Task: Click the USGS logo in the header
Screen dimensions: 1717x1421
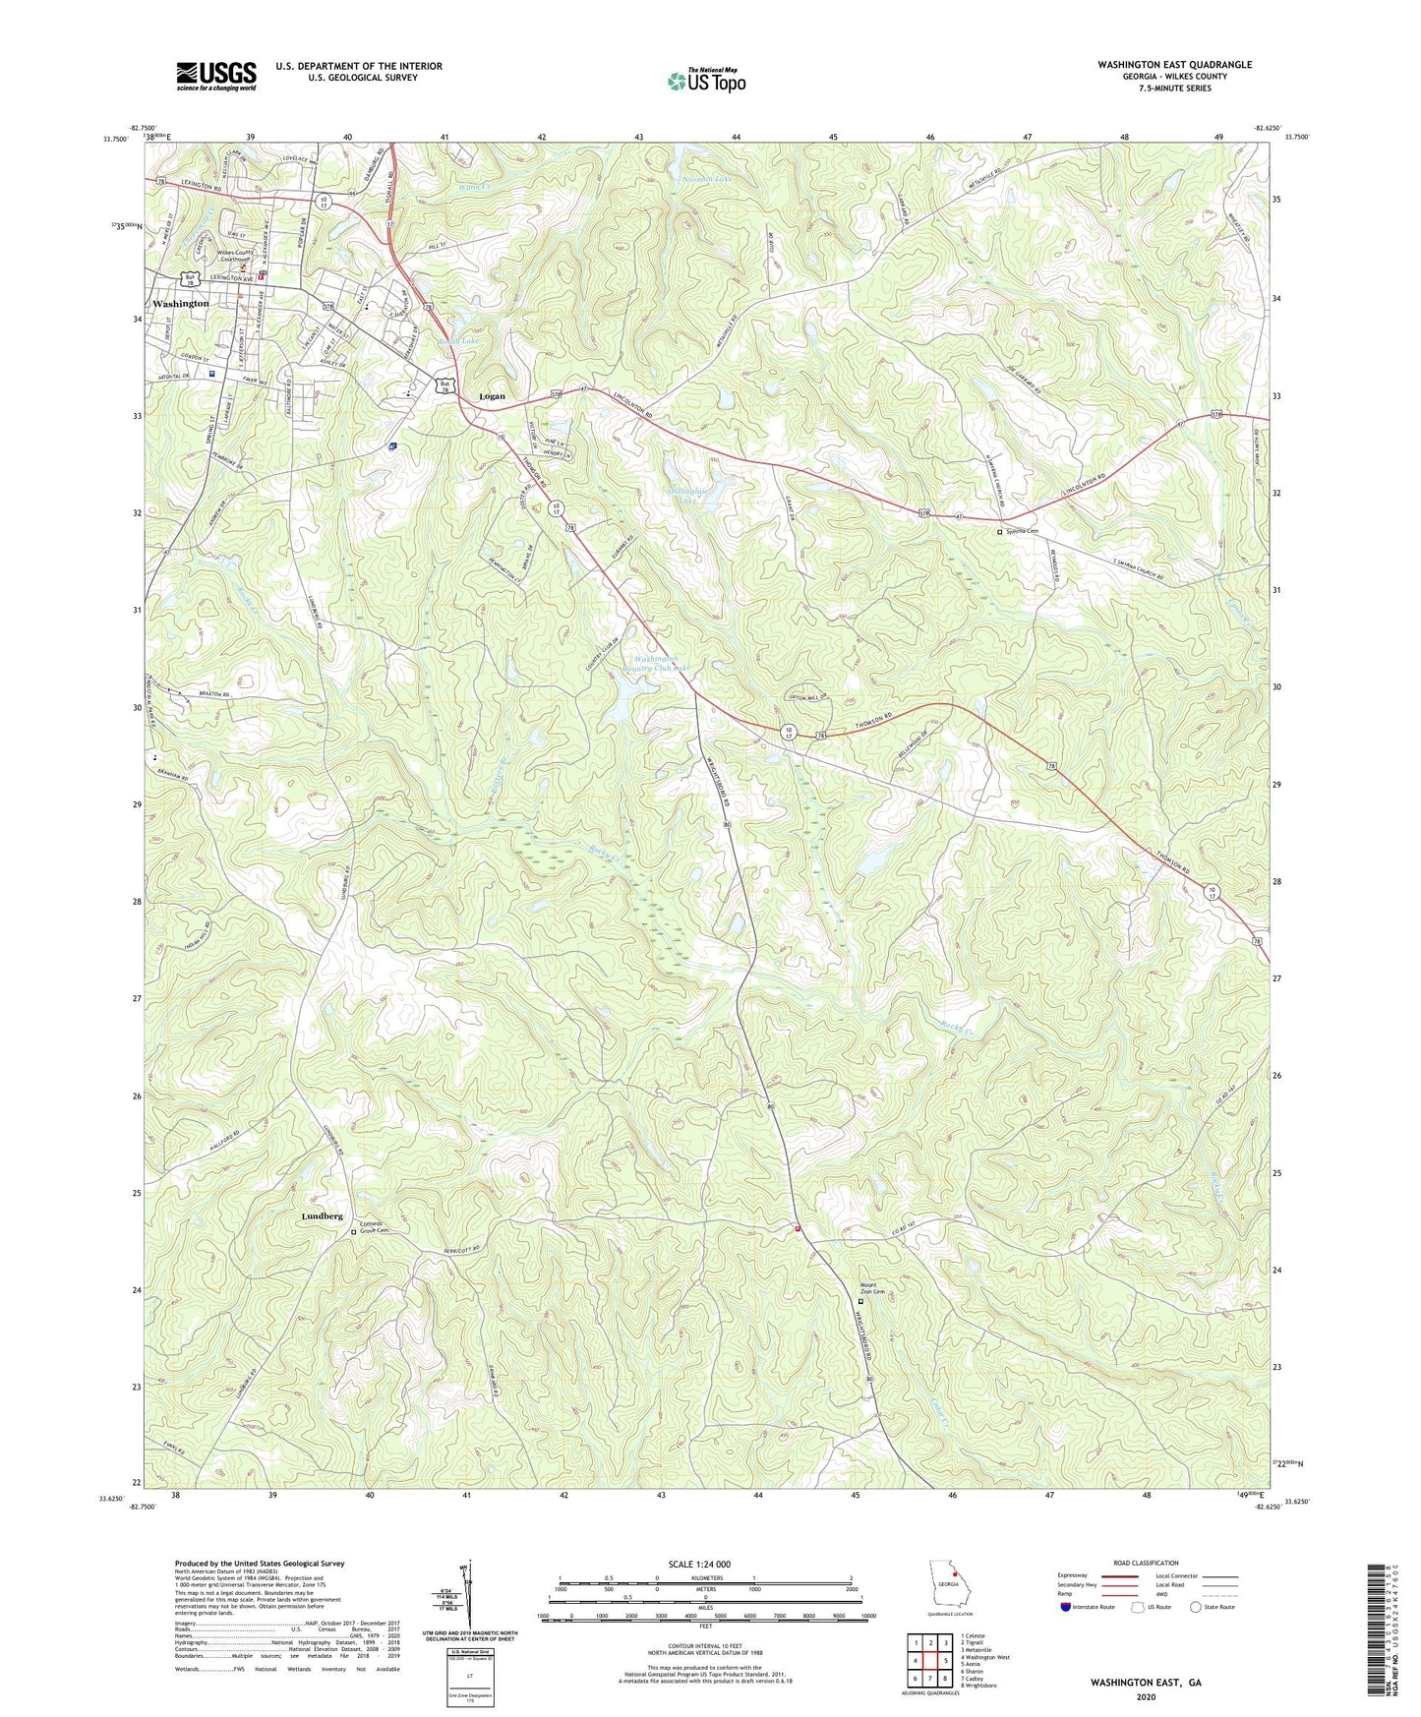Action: [216, 75]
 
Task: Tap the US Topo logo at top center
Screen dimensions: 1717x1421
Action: [706, 81]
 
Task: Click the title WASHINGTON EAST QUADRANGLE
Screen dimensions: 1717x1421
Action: [1175, 64]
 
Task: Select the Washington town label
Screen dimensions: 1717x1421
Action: [181, 304]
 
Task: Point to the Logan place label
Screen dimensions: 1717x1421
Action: [492, 396]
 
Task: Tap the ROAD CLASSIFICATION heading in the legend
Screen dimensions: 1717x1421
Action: [1146, 1563]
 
